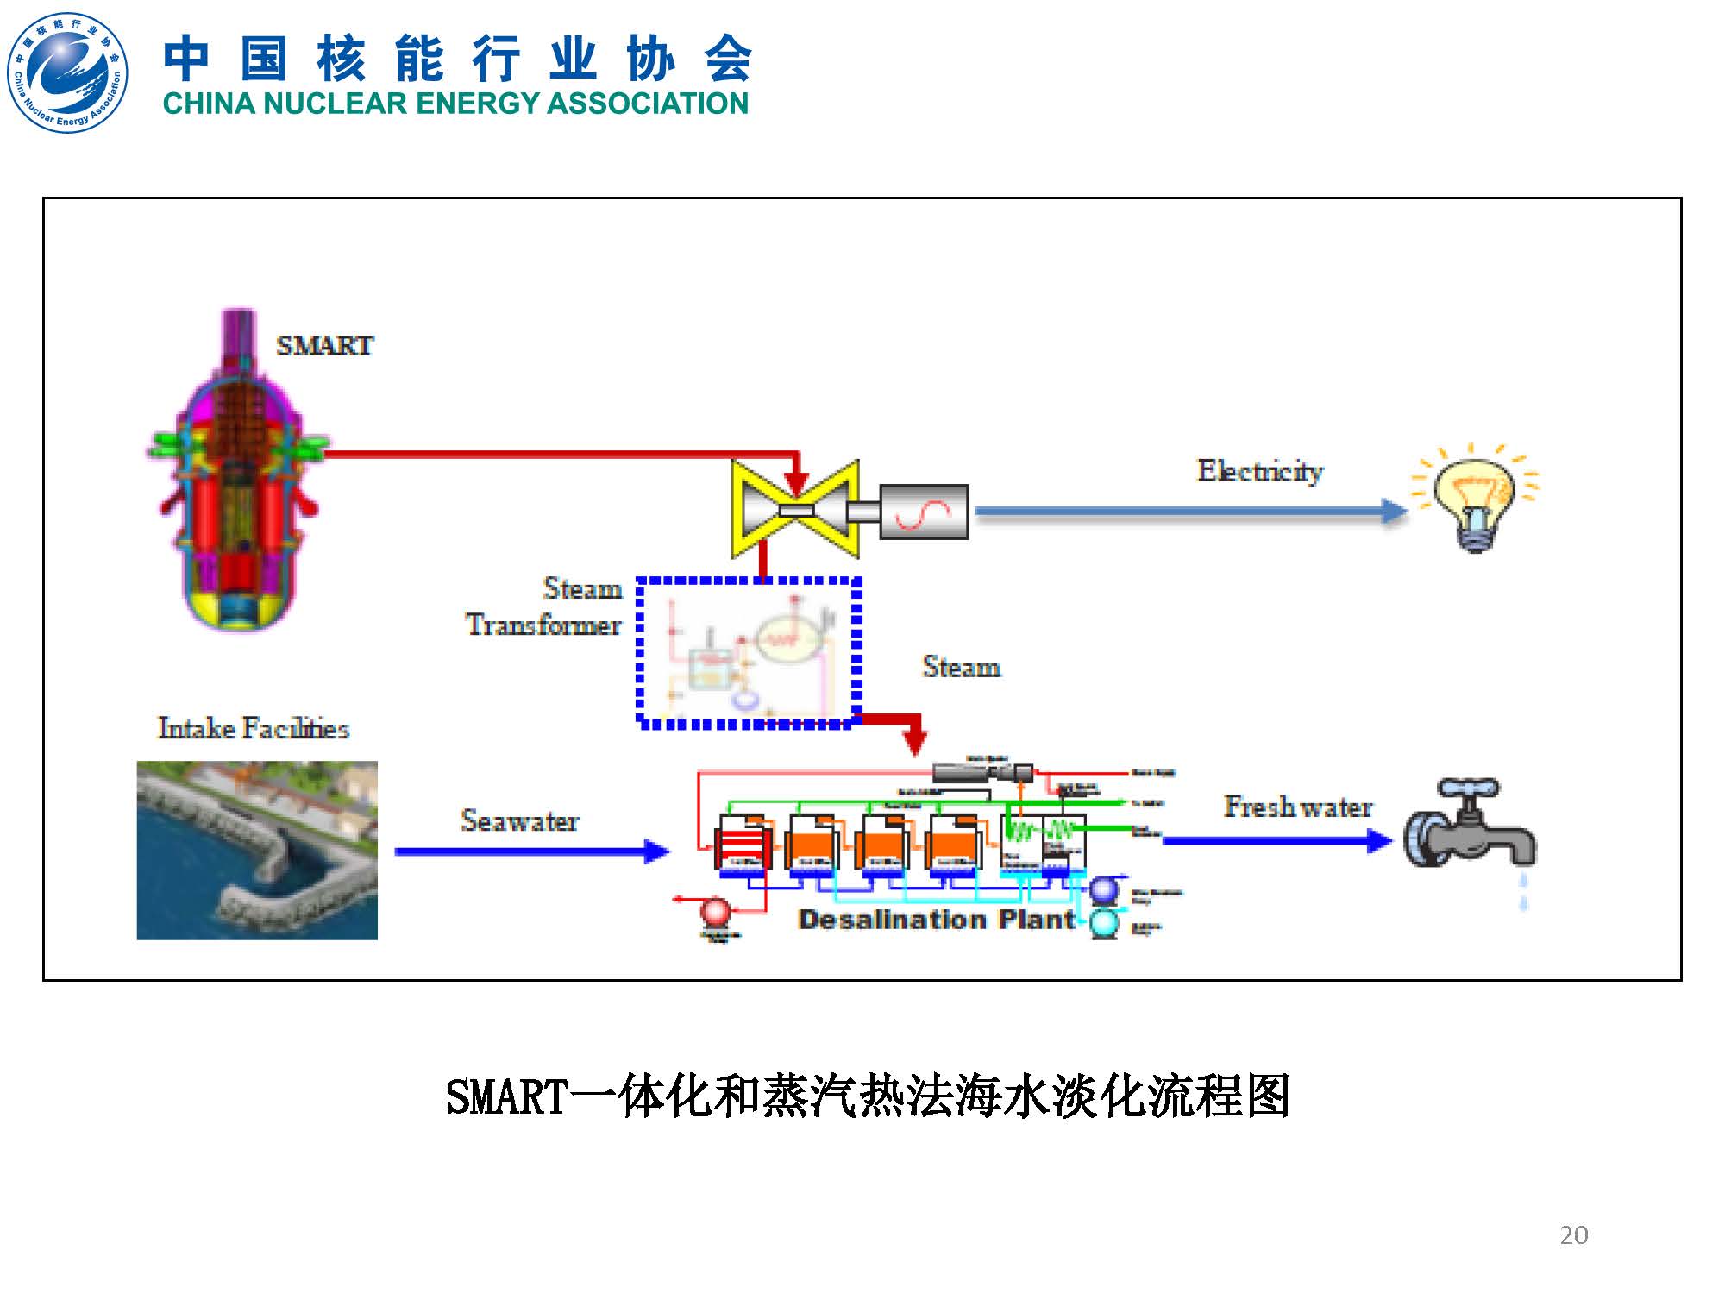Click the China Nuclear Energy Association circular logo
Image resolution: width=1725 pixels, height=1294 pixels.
pos(67,72)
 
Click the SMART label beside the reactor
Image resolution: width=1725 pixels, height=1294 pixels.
pos(324,346)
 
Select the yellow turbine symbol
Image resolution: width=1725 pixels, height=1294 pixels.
pos(795,510)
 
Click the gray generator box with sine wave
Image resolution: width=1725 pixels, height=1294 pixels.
pos(924,512)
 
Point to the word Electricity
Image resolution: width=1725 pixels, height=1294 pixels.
pos(1259,471)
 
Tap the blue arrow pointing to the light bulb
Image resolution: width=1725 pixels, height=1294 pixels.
pos(1190,512)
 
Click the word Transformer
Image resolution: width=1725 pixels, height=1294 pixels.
pos(543,625)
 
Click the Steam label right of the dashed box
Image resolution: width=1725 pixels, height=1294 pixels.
pos(961,667)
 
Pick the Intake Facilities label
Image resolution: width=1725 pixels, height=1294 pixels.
pos(253,728)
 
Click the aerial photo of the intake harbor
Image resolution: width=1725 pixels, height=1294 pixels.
pos(257,850)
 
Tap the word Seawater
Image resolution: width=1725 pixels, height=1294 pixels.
pos(519,820)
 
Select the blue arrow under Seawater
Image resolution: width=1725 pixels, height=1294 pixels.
pos(531,851)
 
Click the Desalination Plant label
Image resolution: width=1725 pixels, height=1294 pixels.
pos(937,920)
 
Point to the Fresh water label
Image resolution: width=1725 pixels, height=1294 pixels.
pos(1298,807)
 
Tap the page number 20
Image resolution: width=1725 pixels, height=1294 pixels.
pos(1573,1235)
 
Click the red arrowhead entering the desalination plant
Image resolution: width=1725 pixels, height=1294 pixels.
pos(914,742)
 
